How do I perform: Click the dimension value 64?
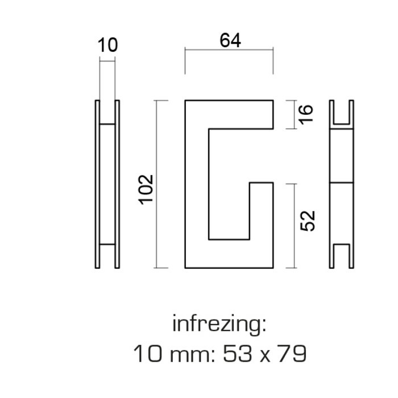click(230, 41)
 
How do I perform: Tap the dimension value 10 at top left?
click(107, 45)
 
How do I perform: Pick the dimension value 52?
click(306, 221)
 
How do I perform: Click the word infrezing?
click(219, 325)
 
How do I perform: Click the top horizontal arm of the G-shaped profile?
click(229, 114)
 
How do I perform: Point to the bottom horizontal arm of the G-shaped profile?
click(229, 254)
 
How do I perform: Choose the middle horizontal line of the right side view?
click(342, 183)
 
